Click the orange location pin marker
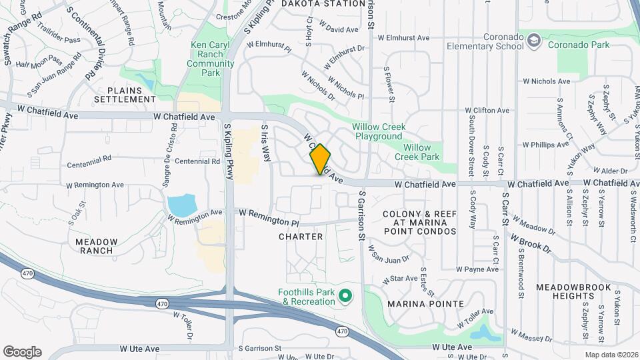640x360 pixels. tap(320, 159)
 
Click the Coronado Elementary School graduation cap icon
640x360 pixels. tap(534, 41)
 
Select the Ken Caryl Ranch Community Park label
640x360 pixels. tap(212, 59)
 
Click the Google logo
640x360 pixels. tap(22, 351)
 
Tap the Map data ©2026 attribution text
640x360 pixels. tap(610, 355)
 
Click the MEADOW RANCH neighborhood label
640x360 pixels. tap(97, 246)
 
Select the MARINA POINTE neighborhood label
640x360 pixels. tap(425, 304)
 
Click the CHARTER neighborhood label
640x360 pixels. tap(301, 237)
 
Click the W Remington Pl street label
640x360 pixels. tap(265, 217)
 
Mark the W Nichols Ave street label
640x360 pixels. tap(547, 81)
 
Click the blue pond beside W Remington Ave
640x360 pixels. tap(181, 205)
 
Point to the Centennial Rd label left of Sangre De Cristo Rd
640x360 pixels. tap(89, 160)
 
